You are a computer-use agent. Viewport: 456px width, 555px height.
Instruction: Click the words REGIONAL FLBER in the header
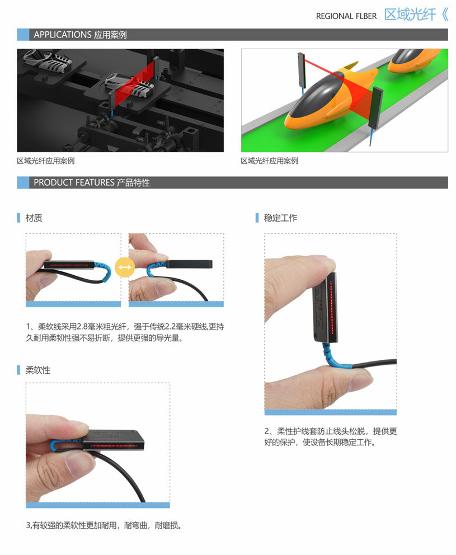tap(346, 16)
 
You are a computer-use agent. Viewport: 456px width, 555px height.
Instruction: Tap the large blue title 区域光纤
tap(410, 15)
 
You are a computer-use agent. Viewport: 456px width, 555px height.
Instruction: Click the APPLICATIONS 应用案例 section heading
tap(80, 35)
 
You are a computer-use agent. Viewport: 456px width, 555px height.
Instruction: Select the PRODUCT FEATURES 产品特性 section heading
tap(92, 182)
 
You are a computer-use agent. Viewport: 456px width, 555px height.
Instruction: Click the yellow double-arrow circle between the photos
tap(125, 267)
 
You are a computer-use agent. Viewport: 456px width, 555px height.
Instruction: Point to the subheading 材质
tap(34, 218)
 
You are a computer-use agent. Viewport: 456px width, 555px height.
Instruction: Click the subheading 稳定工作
tap(280, 218)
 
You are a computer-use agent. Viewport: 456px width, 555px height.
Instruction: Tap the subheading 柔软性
tap(38, 370)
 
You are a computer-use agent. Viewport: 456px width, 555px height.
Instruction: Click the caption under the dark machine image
tap(46, 161)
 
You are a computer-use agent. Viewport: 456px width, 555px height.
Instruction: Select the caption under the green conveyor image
tap(270, 161)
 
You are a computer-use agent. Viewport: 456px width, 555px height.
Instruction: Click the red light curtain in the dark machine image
tap(137, 85)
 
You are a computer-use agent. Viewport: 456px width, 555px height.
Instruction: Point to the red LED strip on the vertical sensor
tap(332, 308)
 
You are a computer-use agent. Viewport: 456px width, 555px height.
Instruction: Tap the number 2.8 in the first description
tap(82, 326)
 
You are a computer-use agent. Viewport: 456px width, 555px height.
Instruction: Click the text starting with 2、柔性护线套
tap(331, 436)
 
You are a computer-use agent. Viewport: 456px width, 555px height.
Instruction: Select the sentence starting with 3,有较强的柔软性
tap(104, 525)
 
